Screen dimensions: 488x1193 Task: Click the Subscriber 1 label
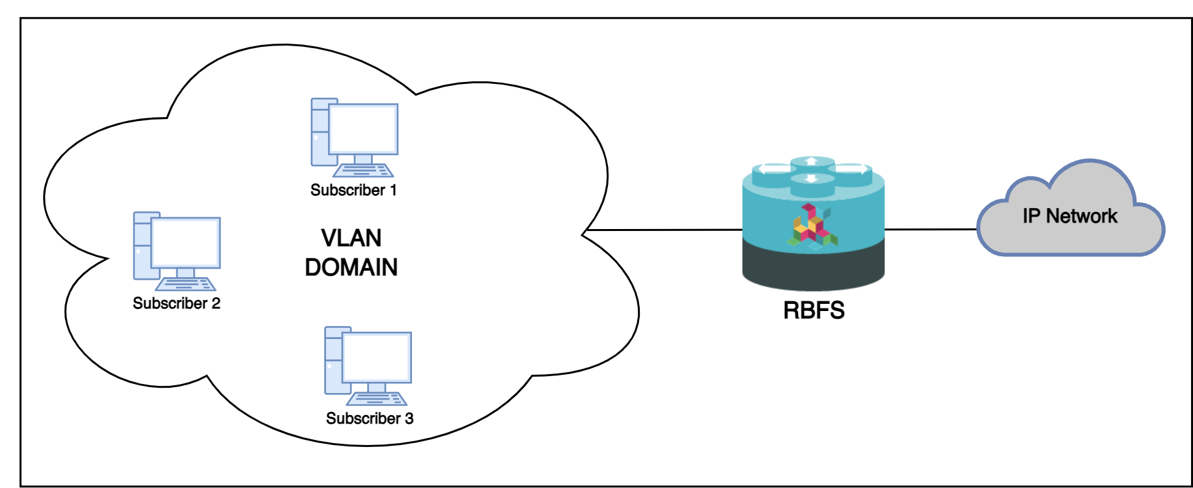(353, 190)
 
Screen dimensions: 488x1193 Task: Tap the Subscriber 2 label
(176, 303)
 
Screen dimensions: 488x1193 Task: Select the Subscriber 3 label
(370, 418)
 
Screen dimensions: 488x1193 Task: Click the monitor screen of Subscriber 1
(363, 128)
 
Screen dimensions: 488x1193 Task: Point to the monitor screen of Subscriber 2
(185, 242)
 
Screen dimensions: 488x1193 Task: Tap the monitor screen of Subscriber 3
(377, 357)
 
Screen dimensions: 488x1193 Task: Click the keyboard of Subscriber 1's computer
(363, 170)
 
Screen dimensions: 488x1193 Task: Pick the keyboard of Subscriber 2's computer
(185, 284)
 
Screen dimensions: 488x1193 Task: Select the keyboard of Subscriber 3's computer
(377, 399)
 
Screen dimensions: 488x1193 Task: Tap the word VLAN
(351, 238)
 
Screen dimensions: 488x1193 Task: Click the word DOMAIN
(351, 267)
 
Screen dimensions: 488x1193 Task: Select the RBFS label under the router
(814, 310)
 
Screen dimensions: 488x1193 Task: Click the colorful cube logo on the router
(812, 226)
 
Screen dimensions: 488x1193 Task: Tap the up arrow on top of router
(811, 161)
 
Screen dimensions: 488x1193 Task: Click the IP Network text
(1069, 216)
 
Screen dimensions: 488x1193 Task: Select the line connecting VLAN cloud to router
(664, 230)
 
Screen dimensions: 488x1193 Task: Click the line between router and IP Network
(931, 229)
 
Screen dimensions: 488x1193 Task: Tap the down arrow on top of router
(811, 178)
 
